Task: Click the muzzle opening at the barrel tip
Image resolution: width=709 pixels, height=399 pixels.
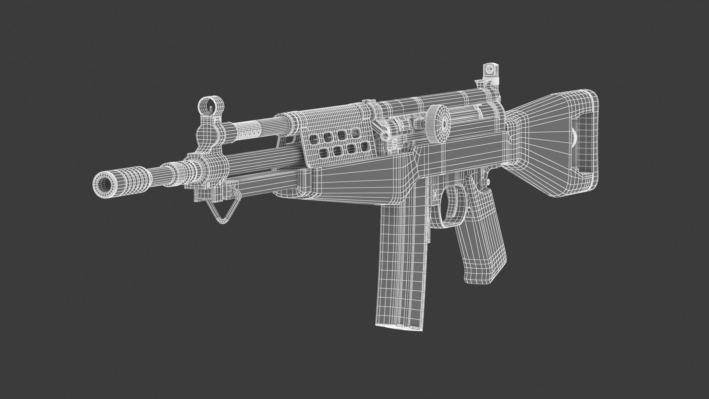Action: click(103, 184)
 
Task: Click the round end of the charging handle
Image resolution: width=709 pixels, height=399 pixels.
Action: click(385, 135)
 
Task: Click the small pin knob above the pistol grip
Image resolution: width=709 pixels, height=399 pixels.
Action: click(487, 182)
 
